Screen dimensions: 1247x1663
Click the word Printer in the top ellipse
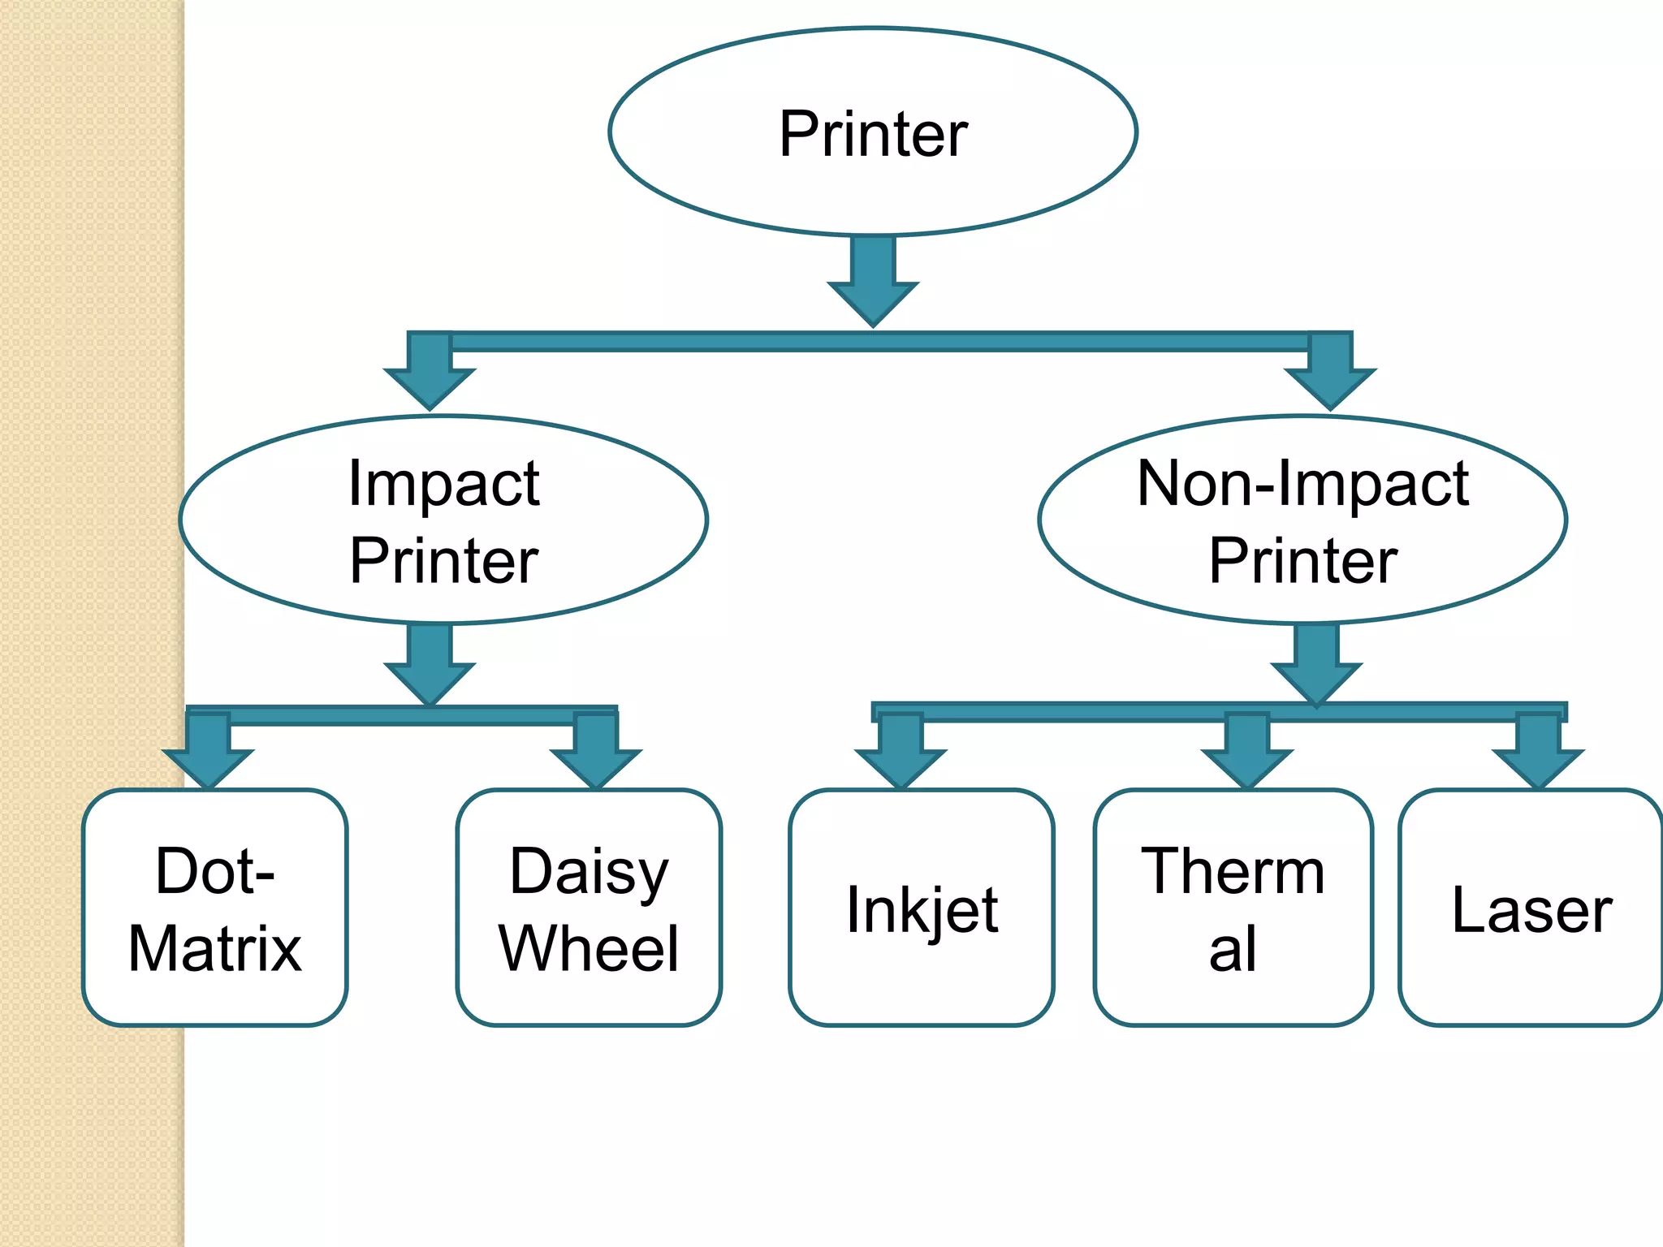[873, 134]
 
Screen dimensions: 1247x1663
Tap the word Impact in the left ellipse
[443, 484]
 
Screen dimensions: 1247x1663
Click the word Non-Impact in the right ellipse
[1302, 484]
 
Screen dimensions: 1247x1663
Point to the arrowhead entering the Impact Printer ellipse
[430, 386]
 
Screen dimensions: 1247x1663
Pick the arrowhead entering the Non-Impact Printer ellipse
[1330, 386]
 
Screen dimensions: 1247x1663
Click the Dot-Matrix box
[215, 907]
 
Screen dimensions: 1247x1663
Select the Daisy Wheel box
[589, 907]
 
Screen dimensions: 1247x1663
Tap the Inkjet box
[922, 907]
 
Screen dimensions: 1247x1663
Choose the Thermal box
[1233, 907]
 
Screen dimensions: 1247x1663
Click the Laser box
[1531, 907]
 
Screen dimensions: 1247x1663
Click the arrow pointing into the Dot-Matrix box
[209, 755]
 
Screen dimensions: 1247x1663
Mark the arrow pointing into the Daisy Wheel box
[596, 755]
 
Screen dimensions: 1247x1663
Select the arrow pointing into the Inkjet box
[901, 755]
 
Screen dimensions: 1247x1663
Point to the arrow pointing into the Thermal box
[1247, 755]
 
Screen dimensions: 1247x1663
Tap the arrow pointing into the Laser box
[1538, 755]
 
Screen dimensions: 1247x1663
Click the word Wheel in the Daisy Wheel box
[589, 948]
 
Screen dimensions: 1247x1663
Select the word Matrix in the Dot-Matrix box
[215, 948]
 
